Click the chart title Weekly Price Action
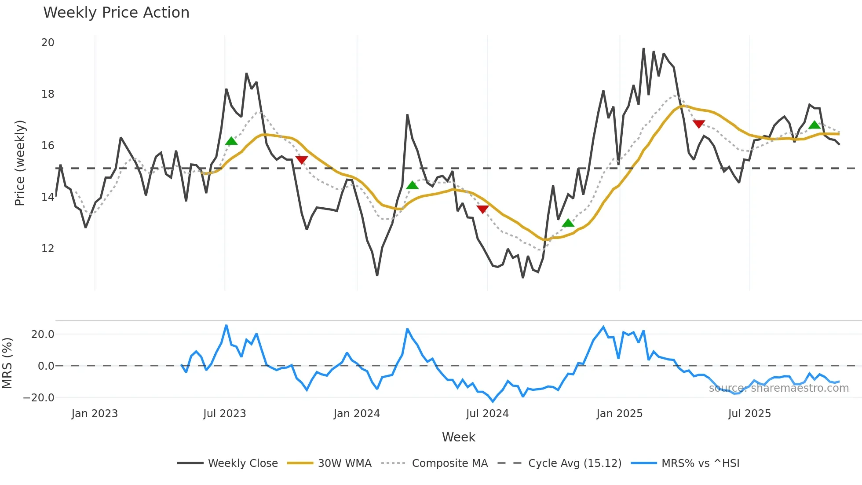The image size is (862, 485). point(116,13)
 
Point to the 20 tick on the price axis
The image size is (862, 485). point(47,43)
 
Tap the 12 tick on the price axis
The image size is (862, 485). point(47,249)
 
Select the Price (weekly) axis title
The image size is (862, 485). point(20,163)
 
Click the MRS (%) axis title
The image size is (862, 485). point(7,363)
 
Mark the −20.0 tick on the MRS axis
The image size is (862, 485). point(39,398)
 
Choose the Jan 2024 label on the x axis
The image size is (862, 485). point(356,414)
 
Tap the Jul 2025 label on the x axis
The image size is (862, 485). point(749,414)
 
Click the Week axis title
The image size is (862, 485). point(458,437)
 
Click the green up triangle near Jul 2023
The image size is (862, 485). point(231,141)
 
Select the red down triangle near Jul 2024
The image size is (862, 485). point(482,209)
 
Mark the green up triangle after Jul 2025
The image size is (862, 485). point(815,125)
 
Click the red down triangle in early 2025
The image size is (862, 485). point(699,124)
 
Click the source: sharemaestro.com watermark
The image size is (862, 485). point(778,388)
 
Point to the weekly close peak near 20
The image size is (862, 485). point(643,48)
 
